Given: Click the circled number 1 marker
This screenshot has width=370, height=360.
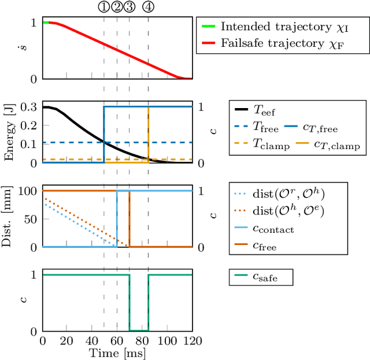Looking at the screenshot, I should coord(103,7).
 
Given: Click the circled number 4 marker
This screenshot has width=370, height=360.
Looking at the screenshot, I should coord(149,7).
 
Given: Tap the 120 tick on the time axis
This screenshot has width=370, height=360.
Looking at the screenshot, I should coord(193,342).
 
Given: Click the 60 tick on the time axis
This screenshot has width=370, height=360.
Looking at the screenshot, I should coord(117,342).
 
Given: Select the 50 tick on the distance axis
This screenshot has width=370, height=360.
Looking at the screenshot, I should coord(32,218).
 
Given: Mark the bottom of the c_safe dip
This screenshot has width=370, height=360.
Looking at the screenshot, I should coord(139,331).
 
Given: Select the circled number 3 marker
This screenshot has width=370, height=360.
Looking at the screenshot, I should coord(129,7).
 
